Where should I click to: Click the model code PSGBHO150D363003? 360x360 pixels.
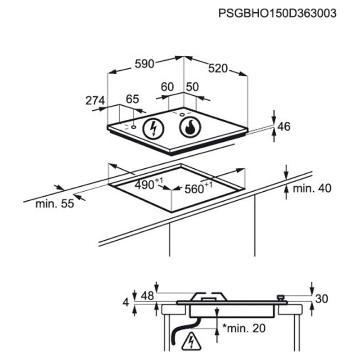[277, 13]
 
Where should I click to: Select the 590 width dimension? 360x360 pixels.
[144, 64]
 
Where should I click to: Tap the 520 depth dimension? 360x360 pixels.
[218, 68]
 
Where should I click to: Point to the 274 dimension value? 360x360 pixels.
[95, 100]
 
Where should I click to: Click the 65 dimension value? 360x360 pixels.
[132, 99]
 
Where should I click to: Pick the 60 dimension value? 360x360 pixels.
[167, 87]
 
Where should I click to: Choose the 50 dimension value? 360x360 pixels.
[193, 87]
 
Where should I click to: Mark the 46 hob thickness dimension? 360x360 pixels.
[284, 126]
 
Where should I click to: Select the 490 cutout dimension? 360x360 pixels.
[148, 184]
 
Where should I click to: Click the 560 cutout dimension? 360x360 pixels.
[198, 188]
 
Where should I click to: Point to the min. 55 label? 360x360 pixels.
[54, 204]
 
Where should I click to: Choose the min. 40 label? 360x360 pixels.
[312, 188]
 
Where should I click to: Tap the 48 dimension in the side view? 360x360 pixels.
[147, 296]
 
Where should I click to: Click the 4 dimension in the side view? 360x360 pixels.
[126, 302]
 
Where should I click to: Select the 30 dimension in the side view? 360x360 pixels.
[322, 299]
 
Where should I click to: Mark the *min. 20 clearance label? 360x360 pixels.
[244, 328]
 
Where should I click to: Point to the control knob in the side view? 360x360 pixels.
[280, 298]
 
